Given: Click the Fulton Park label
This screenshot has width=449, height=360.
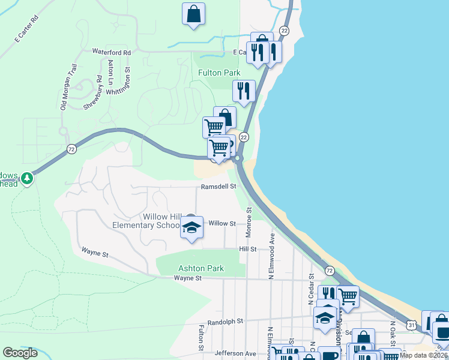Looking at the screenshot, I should click(219, 73).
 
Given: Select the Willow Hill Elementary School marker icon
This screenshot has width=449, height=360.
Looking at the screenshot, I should click(191, 229).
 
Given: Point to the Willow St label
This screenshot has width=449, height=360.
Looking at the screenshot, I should click(221, 223).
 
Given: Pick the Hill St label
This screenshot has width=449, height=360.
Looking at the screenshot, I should click(248, 248).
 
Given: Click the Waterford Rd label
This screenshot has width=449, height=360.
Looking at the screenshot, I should click(111, 52).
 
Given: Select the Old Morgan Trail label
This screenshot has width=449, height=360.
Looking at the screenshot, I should click(68, 88).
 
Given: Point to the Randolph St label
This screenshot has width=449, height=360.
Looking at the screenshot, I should click(224, 322).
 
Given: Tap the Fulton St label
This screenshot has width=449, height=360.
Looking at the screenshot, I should click(201, 338).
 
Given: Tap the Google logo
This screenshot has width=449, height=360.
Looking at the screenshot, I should click(20, 353).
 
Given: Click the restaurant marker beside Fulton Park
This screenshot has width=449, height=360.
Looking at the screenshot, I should click(244, 91).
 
